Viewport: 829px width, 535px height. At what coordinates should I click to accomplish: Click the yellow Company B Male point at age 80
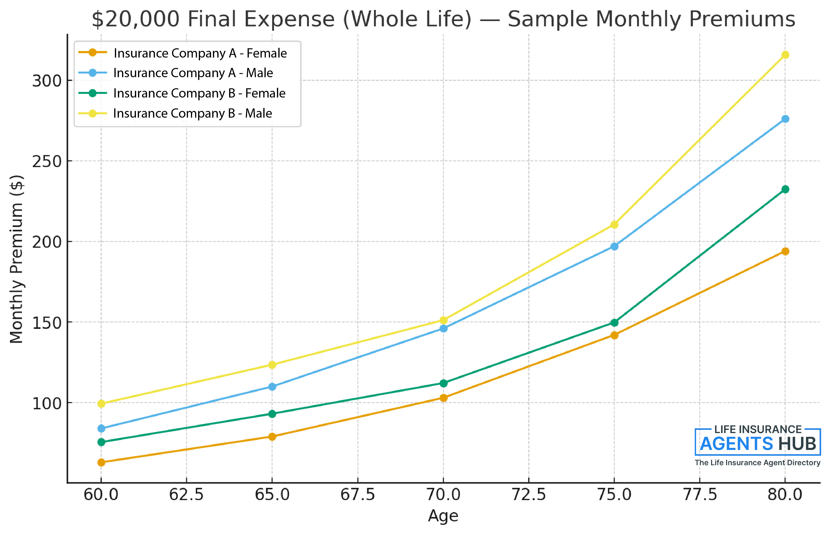point(785,55)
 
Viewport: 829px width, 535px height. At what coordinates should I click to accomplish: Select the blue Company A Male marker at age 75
point(614,246)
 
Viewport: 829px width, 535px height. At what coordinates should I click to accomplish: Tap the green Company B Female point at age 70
point(443,383)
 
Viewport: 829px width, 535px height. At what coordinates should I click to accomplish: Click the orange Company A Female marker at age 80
point(785,251)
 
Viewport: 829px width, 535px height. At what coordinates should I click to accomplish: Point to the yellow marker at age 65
point(272,365)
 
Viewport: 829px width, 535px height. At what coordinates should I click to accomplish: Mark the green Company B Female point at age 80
point(785,189)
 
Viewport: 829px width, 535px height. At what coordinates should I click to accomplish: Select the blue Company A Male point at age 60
point(101,428)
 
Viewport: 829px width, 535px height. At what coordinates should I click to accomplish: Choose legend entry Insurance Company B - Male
point(193,113)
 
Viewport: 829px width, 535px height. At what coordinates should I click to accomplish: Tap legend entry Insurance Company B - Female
point(199,93)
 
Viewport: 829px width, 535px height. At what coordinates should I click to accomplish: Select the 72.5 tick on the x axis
point(529,494)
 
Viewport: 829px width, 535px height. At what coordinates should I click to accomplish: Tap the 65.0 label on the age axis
point(272,494)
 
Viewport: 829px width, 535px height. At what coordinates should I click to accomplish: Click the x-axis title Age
point(443,516)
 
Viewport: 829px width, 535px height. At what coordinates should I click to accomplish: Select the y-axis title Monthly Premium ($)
point(16,259)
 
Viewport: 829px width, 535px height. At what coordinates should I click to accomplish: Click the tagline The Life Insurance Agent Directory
point(757,463)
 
